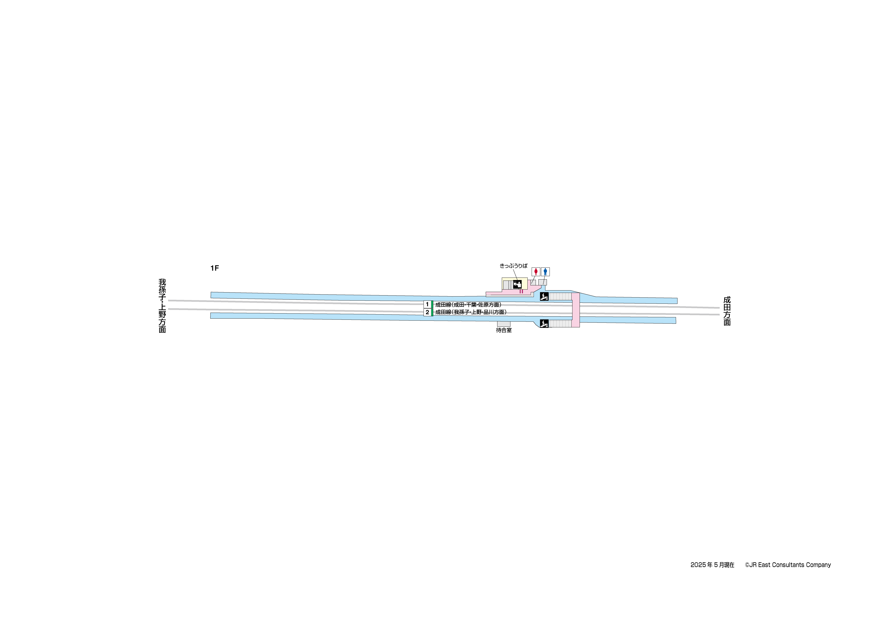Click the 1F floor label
pos(215,268)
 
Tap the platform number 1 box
pos(427,305)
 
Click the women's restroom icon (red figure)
pos(536,272)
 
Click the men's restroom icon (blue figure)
pos(545,272)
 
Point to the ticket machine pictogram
pos(517,285)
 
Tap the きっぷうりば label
pos(513,266)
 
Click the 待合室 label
pos(504,330)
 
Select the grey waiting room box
pos(504,324)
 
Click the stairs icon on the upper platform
pos(544,297)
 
